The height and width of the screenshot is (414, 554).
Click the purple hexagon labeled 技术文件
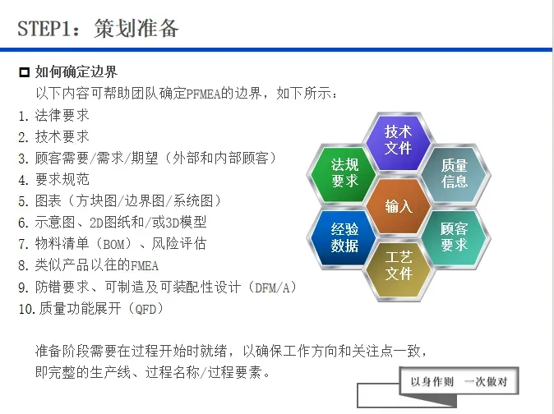[398, 140]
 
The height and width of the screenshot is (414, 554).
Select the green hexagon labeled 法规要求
[344, 172]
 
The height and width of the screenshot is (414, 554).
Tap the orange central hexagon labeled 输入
[399, 206]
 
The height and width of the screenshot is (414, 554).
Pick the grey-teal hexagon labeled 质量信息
[454, 172]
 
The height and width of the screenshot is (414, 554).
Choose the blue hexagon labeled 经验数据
[344, 237]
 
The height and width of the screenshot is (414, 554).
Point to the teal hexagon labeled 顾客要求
[454, 237]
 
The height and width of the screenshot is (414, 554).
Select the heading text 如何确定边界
[76, 72]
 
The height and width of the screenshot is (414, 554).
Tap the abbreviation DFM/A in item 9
[270, 287]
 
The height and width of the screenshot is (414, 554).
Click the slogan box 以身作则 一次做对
[464, 381]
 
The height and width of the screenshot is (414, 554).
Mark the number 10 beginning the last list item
[25, 309]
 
